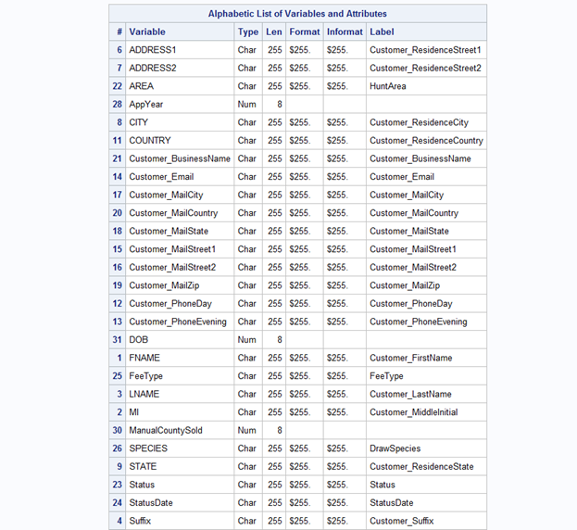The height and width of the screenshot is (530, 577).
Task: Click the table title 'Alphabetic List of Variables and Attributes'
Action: (297, 14)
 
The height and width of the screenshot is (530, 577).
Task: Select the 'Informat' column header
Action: (344, 32)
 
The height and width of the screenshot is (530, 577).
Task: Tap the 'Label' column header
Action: (382, 32)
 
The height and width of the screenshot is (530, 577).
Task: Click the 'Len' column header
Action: (274, 32)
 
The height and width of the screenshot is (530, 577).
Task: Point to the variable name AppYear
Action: (145, 105)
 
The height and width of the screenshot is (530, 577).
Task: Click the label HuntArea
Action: (389, 86)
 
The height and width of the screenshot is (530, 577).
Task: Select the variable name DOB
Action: (138, 340)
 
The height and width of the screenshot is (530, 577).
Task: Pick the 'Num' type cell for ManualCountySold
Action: (246, 431)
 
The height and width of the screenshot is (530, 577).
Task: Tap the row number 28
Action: (118, 105)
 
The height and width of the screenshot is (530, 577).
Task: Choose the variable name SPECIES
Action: (148, 448)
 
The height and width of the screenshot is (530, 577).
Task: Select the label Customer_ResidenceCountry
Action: (426, 141)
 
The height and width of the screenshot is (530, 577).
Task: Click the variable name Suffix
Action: (142, 521)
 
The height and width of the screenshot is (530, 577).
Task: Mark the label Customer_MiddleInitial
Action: (414, 412)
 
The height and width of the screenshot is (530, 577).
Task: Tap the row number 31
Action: (118, 340)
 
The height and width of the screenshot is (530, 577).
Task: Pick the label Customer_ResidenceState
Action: (421, 467)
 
